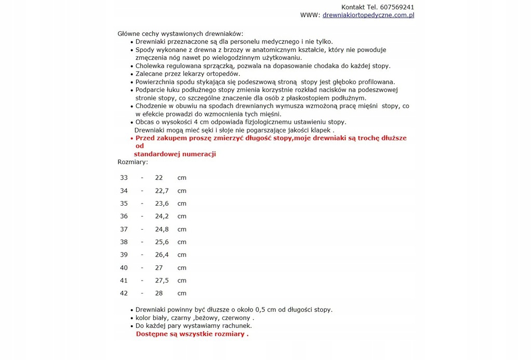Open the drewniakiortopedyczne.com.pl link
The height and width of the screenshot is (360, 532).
368,16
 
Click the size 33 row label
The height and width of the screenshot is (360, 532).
124,178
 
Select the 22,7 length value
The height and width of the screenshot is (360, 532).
162,191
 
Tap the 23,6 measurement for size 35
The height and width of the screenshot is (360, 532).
162,204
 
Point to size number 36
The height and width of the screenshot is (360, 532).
124,216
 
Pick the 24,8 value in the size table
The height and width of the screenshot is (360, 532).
162,229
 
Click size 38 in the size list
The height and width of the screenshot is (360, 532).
124,242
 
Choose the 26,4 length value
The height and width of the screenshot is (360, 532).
162,255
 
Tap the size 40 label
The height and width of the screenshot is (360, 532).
124,268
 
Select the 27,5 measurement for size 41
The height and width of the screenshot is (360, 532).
162,281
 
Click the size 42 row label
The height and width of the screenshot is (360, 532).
124,293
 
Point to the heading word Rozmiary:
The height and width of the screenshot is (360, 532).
132,162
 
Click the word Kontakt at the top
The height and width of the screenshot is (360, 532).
353,7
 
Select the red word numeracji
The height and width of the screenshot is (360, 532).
199,154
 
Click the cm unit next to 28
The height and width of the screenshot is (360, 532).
182,293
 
